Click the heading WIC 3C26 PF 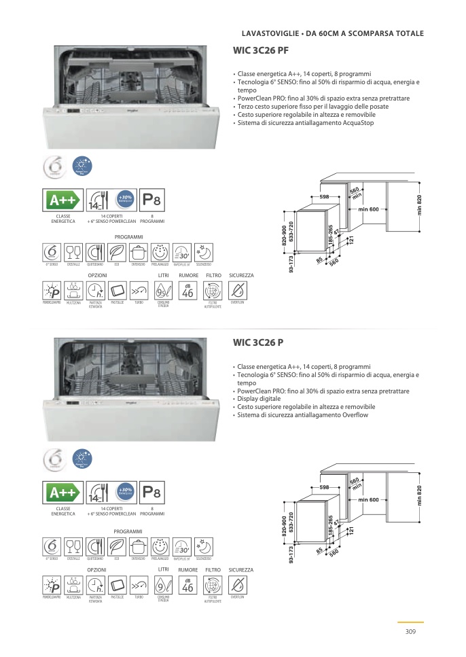click(261, 50)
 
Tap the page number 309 click(410, 632)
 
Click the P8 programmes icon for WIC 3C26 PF click(151, 201)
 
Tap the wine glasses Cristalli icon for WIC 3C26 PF click(73, 252)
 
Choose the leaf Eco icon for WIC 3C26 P click(117, 546)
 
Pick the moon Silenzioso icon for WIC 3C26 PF click(203, 252)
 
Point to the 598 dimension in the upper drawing click(324, 196)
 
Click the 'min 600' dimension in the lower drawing click(368, 500)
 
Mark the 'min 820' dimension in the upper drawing click(419, 206)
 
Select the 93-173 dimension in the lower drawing click(291, 555)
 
